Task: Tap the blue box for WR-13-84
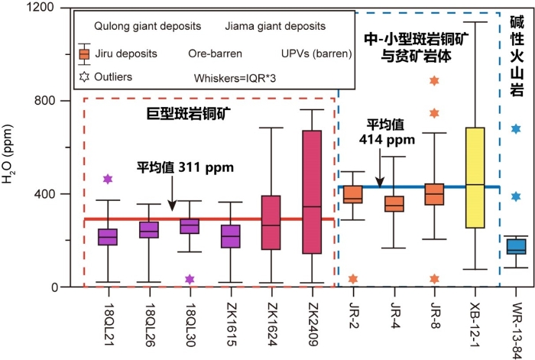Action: click(x=517, y=246)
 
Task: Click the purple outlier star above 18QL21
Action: click(x=108, y=179)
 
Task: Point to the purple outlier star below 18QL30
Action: click(x=189, y=279)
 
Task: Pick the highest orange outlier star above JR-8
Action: click(x=435, y=80)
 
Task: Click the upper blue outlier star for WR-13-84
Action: click(x=517, y=129)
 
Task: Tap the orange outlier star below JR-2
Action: click(x=352, y=279)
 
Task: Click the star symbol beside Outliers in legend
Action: click(x=84, y=76)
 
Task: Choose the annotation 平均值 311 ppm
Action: click(x=185, y=166)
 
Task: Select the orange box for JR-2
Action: click(x=352, y=195)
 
